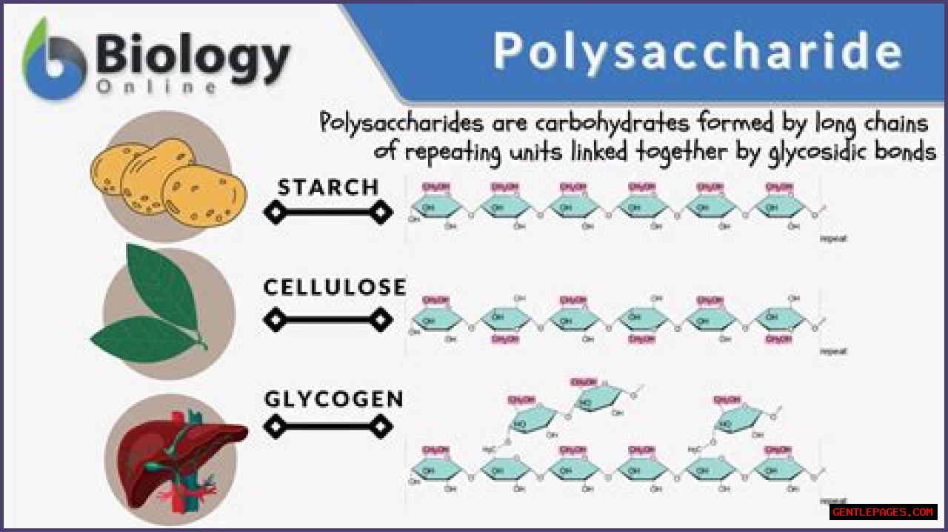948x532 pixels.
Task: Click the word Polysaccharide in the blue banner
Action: pyautogui.click(x=698, y=52)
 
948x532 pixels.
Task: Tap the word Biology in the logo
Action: pyautogui.click(x=193, y=56)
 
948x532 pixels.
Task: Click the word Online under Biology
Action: pyautogui.click(x=156, y=87)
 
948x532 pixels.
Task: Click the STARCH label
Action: pyautogui.click(x=328, y=187)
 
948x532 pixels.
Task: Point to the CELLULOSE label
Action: pyautogui.click(x=335, y=287)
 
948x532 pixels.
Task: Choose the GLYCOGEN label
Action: pyautogui.click(x=334, y=399)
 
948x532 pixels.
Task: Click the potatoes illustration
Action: pyautogui.click(x=169, y=178)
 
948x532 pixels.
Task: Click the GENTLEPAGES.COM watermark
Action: pyautogui.click(x=883, y=512)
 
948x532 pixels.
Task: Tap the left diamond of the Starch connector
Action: pyautogui.click(x=275, y=213)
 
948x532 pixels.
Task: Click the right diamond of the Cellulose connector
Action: pyautogui.click(x=381, y=321)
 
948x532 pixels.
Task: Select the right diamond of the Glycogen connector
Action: pyautogui.click(x=381, y=427)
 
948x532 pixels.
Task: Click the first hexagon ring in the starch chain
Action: pyautogui.click(x=437, y=207)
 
